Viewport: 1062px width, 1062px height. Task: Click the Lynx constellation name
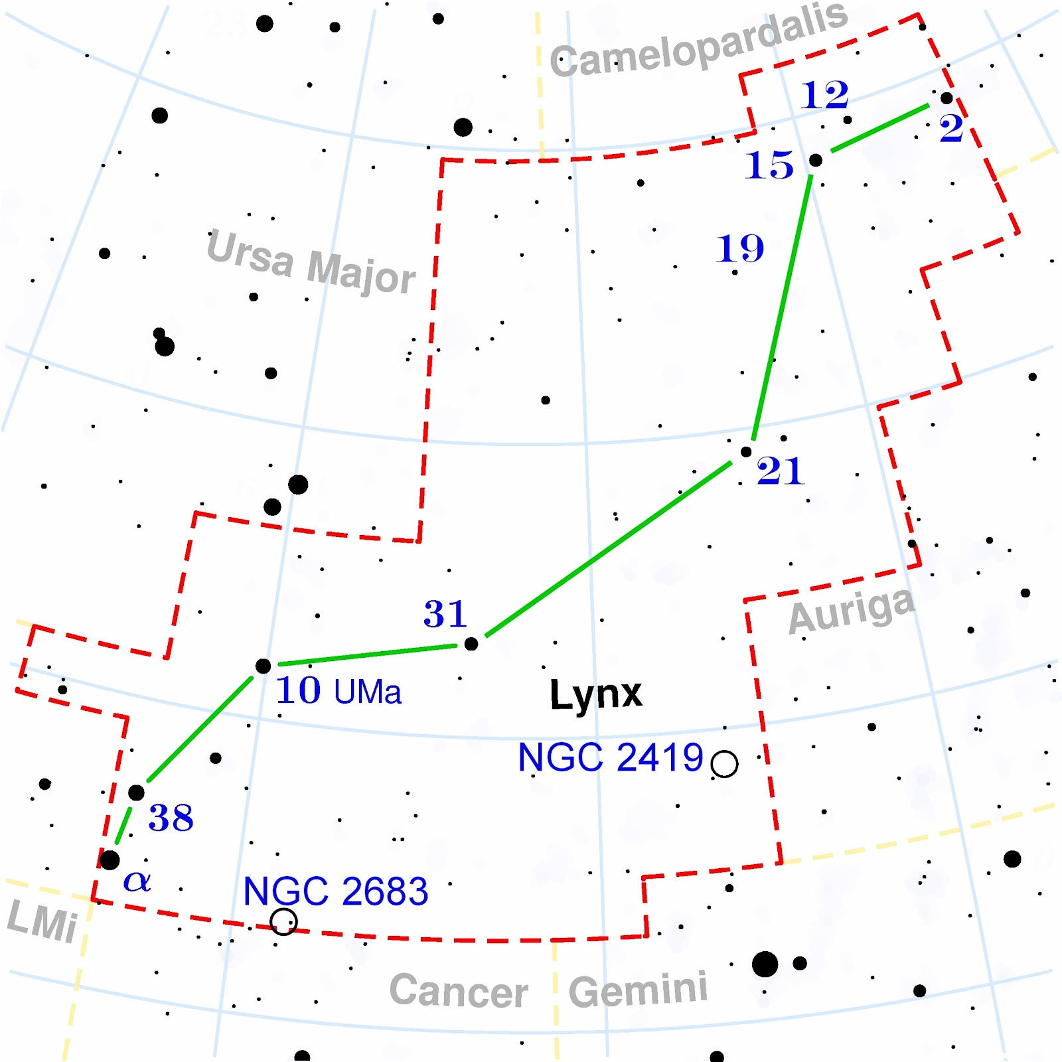point(595,695)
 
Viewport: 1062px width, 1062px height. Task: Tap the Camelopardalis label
point(699,41)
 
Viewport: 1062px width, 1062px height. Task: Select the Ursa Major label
point(311,262)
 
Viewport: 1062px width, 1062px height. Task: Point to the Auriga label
point(852,611)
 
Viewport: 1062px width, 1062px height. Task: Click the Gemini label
point(639,990)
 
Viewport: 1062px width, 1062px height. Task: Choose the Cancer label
point(458,992)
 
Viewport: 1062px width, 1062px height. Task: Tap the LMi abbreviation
point(42,921)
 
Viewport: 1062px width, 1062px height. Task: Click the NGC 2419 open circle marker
point(724,764)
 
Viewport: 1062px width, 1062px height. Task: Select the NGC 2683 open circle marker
point(283,921)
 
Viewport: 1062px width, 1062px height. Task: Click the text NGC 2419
point(610,757)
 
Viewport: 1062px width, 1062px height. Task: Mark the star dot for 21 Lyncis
point(746,452)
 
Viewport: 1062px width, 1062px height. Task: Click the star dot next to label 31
point(471,644)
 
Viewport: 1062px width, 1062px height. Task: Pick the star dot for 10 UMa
point(264,666)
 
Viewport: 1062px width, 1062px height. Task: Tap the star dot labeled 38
point(136,793)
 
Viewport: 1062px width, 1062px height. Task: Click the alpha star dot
point(110,860)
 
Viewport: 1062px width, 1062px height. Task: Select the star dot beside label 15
point(816,160)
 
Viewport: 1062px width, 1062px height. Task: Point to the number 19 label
point(740,249)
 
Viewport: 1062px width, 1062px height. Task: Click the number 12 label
point(824,95)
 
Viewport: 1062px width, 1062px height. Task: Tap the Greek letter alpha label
point(137,882)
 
